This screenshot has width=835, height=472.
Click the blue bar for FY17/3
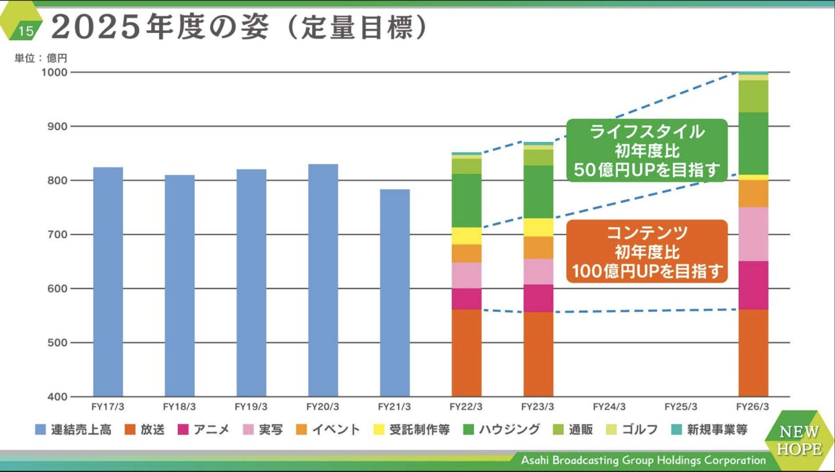tap(108, 282)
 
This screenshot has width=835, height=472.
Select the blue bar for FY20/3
tap(323, 280)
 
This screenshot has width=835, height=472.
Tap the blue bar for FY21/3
tap(395, 293)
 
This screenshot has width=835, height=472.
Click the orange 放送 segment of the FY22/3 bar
tap(467, 353)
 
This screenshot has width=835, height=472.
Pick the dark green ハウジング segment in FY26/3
tap(753, 143)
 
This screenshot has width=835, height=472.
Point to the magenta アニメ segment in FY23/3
tap(538, 298)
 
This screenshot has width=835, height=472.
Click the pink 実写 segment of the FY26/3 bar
tap(753, 234)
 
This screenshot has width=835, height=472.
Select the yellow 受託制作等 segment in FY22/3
tap(467, 236)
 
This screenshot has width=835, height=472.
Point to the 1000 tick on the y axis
tap(54, 72)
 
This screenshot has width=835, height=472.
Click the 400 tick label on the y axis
tap(57, 397)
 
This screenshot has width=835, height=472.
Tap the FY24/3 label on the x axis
tap(609, 407)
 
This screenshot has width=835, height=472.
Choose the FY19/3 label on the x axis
tap(251, 407)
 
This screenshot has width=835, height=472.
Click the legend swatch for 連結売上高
tap(40, 430)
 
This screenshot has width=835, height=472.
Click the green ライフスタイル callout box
tap(647, 150)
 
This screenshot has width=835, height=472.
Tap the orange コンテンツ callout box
tap(647, 251)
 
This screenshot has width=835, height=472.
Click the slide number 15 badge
tap(25, 31)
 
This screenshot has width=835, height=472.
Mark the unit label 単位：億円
tap(41, 58)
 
